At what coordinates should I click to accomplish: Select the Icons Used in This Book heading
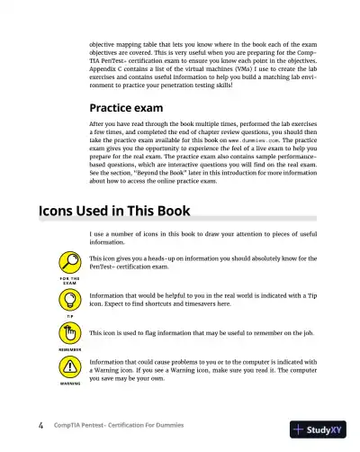112,212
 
